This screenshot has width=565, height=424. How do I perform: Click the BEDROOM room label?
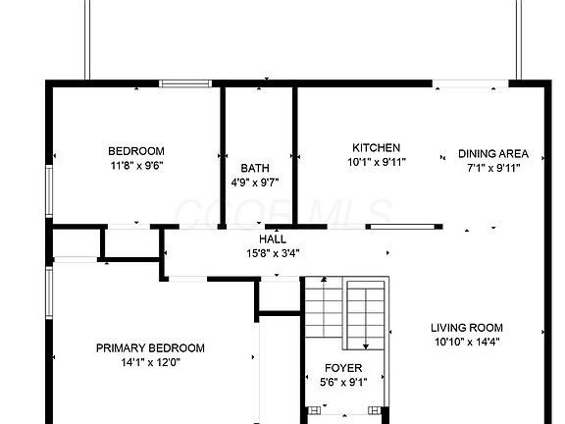pos(135,151)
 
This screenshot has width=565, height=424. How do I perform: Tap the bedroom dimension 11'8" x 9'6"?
pos(135,166)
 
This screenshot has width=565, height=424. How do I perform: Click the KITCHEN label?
pos(376,148)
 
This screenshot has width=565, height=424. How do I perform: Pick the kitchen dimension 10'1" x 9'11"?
pos(376,163)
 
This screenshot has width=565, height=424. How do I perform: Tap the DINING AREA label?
pos(493,153)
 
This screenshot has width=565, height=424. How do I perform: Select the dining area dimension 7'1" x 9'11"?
pos(493,168)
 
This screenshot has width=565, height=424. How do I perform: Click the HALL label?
pos(273,238)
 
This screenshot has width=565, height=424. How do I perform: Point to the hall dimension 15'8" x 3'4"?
pos(273,253)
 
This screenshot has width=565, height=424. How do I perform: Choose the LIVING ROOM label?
pos(467,328)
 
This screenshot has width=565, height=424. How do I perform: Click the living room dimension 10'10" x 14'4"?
pos(467,343)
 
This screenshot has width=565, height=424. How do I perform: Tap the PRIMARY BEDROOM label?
pos(150,347)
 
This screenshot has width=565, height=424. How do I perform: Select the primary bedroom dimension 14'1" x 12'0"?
pos(150,362)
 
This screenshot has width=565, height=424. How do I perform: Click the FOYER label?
pos(343,368)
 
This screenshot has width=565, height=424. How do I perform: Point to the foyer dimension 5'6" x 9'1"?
pos(343,383)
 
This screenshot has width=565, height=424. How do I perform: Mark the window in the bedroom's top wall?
pos(184,84)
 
